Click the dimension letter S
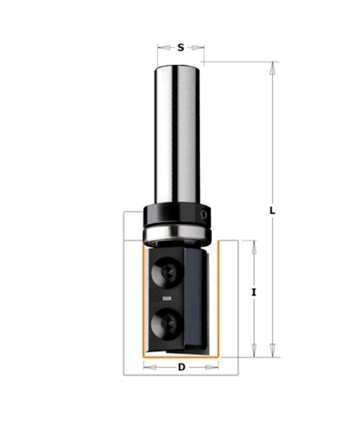click(180, 48)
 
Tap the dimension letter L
click(272, 211)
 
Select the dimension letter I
click(254, 292)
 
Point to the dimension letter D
click(182, 367)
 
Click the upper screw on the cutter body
click(166, 273)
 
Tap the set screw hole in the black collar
click(204, 214)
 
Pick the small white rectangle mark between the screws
click(167, 298)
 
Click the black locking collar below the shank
click(177, 215)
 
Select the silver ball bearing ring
click(177, 235)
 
